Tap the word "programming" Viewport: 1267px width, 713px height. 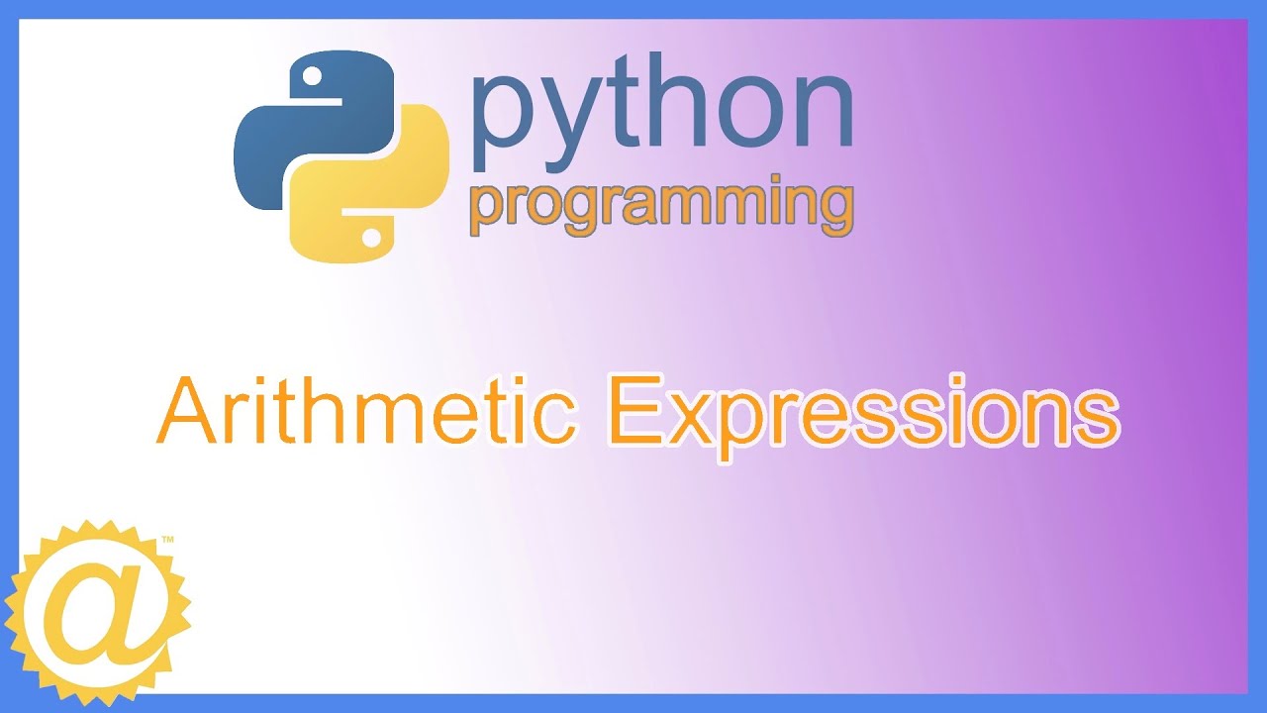pos(661,206)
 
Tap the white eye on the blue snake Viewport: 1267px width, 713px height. pos(313,75)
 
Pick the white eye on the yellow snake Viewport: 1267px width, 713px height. pos(371,238)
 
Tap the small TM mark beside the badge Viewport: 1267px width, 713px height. pos(167,540)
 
